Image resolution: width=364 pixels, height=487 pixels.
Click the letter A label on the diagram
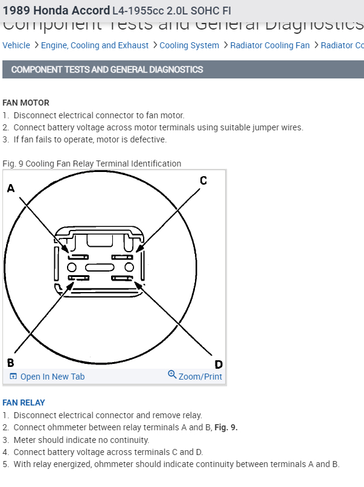[10, 189]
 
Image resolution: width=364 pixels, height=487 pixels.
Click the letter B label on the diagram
[10, 363]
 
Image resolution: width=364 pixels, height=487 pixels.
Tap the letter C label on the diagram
[203, 180]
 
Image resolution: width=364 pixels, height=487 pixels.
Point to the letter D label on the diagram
[219, 364]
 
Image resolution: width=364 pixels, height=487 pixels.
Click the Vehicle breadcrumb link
[16, 45]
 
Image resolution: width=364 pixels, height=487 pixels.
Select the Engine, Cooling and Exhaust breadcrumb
[95, 45]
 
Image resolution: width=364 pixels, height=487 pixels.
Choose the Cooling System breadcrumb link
[190, 45]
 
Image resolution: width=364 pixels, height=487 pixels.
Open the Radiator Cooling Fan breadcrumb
[270, 45]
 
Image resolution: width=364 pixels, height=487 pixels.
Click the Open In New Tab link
[52, 377]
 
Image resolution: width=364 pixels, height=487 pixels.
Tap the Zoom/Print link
[200, 377]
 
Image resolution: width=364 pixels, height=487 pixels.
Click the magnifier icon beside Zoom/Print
[172, 375]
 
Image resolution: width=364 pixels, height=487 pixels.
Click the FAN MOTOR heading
[26, 103]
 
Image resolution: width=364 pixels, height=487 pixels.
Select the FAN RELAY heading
[24, 403]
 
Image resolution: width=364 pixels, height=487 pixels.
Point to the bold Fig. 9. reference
[226, 427]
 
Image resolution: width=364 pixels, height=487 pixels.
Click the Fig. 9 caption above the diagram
[92, 164]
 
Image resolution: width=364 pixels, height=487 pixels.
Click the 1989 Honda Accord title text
[56, 11]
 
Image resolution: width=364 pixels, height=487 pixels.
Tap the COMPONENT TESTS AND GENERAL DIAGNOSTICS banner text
[107, 69]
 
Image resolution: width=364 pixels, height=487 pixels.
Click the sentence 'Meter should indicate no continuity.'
[81, 440]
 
